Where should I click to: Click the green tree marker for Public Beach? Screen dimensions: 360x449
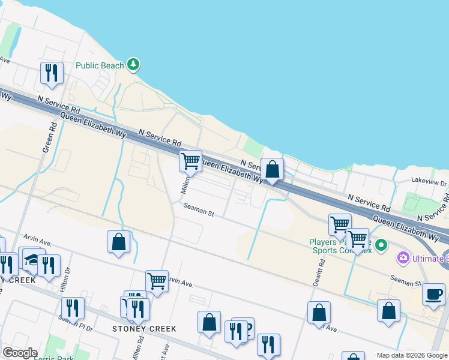[x=133, y=65]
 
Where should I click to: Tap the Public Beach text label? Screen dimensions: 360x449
[x=100, y=65]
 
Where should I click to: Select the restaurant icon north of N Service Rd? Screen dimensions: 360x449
[x=52, y=73]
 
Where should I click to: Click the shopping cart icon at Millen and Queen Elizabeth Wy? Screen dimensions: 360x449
[x=190, y=161]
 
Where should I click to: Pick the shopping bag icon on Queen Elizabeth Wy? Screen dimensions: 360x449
[x=273, y=170]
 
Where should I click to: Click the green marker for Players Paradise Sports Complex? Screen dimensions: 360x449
[x=382, y=245]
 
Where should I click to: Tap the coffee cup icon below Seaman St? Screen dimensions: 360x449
[x=433, y=294]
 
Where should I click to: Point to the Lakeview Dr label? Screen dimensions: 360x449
[x=429, y=181]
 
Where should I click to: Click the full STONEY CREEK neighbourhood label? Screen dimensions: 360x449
[x=145, y=329]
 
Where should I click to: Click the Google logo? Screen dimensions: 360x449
[x=20, y=353]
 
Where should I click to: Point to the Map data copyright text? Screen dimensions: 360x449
[x=411, y=355]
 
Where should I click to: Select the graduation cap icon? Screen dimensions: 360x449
[x=31, y=259]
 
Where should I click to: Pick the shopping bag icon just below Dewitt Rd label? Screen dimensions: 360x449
[x=319, y=313]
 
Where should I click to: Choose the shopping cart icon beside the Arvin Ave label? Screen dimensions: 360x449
[x=157, y=281]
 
